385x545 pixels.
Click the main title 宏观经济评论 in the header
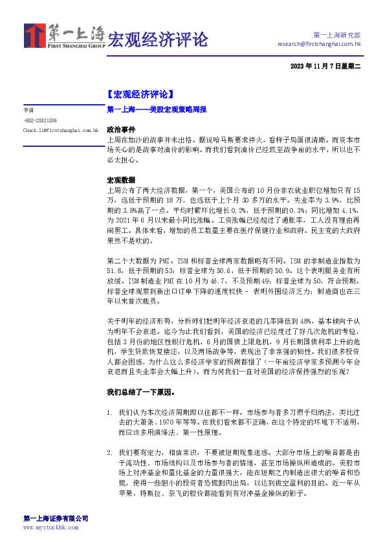pos(157,39)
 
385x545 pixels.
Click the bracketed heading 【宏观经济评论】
pos(139,95)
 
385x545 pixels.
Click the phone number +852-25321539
pos(40,120)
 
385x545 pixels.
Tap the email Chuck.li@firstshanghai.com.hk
pos(60,130)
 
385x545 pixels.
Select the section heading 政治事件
pos(121,129)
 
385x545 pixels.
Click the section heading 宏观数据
pos(121,180)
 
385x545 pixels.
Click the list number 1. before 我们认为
pos(110,412)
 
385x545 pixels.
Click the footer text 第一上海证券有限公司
pos(56,518)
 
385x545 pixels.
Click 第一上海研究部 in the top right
pos(336,35)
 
